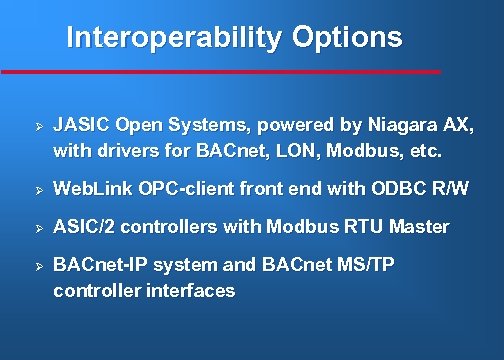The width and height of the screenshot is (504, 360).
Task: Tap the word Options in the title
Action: (347, 38)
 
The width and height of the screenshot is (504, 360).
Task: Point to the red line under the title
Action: (220, 72)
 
